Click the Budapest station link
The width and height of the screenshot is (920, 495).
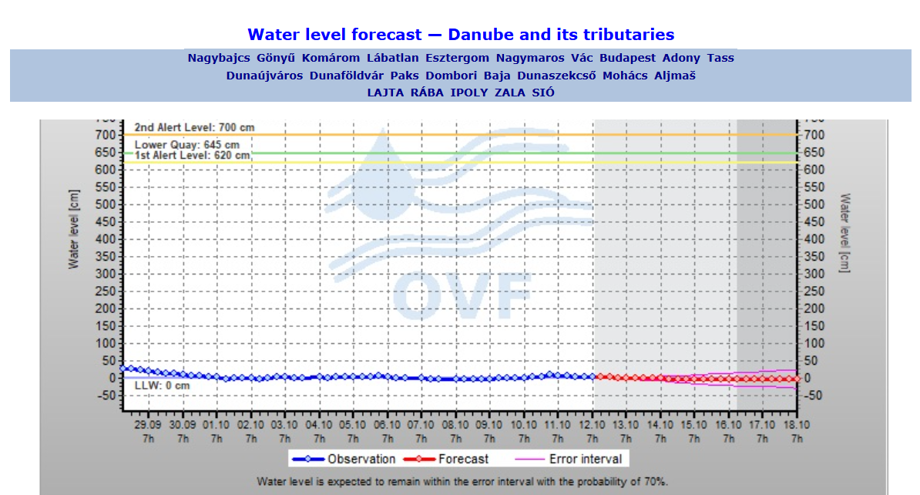coord(627,58)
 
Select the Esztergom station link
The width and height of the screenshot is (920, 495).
coord(457,58)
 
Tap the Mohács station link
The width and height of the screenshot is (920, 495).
coord(625,76)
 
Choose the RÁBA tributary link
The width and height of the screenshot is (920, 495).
coord(427,93)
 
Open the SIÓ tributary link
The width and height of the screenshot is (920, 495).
coord(543,93)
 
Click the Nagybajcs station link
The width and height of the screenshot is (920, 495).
coord(219,58)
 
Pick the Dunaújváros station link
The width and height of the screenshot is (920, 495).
coord(264,76)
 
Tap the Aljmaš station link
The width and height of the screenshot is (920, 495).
coord(675,76)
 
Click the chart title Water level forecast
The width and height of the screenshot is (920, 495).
coord(461,35)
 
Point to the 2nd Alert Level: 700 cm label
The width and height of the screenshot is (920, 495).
coord(194,127)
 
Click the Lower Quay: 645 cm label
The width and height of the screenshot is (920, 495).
coord(186,144)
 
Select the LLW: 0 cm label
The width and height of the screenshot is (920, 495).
coord(162,386)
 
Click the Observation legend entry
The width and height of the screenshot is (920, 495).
coord(344,460)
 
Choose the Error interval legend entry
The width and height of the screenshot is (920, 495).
coord(568,460)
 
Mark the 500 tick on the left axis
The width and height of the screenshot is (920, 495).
coord(106,204)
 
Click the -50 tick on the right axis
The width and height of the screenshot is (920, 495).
coord(813,396)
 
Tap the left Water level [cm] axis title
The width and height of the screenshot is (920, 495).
coord(74,230)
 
